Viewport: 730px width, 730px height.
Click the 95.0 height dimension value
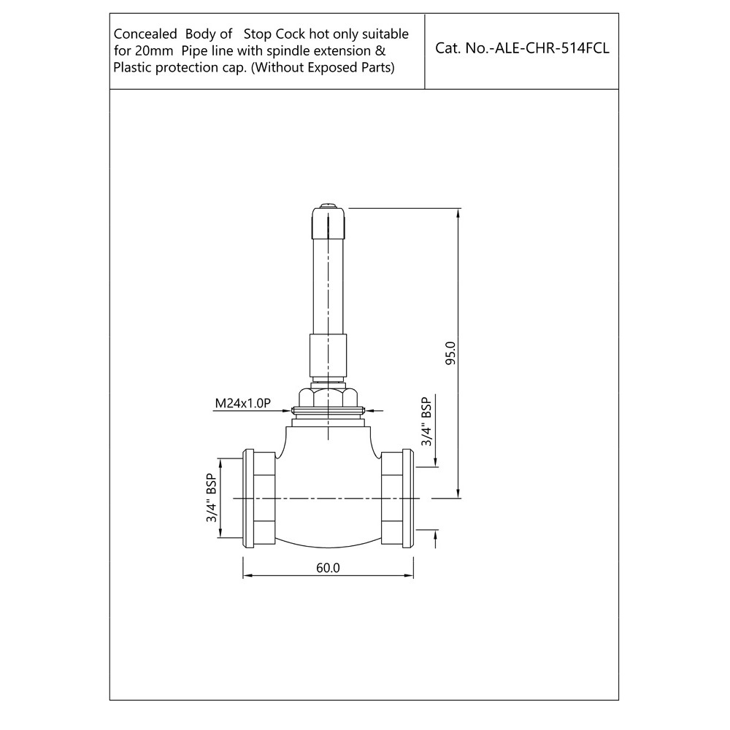450,353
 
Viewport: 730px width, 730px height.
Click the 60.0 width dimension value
328,568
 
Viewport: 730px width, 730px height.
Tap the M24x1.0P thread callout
242,403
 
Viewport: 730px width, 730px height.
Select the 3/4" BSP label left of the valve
212,498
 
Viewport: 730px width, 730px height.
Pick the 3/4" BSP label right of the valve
427,421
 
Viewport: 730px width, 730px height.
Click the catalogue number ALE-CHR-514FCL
552,48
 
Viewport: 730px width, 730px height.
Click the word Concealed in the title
145,34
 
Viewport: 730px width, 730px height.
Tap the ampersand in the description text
381,51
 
